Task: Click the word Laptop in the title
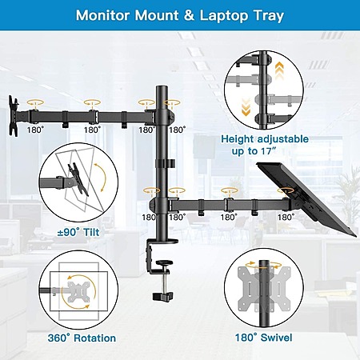(224, 16)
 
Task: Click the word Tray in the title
(268, 16)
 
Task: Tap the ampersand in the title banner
(189, 15)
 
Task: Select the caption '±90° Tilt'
(78, 232)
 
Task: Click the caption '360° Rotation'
(82, 338)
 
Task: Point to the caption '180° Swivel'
(263, 338)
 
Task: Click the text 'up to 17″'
(254, 151)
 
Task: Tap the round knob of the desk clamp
(163, 264)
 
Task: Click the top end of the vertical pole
(162, 86)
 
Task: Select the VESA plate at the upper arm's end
(13, 116)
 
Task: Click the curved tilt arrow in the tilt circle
(101, 178)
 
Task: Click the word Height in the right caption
(238, 139)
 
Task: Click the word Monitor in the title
(102, 15)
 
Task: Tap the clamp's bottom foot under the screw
(162, 296)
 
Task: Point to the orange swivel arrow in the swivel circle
(263, 265)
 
